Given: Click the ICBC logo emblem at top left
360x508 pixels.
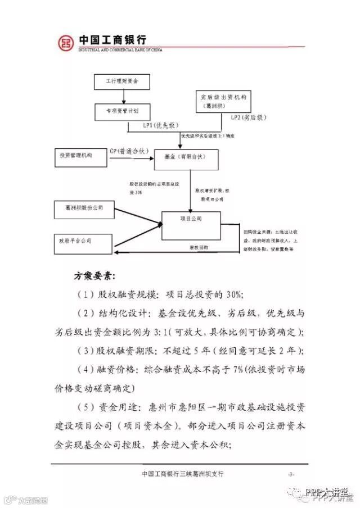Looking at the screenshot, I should (x=66, y=42).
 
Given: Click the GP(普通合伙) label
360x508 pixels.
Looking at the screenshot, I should (x=129, y=151).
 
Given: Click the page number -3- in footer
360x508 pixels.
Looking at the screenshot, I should (x=291, y=475).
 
